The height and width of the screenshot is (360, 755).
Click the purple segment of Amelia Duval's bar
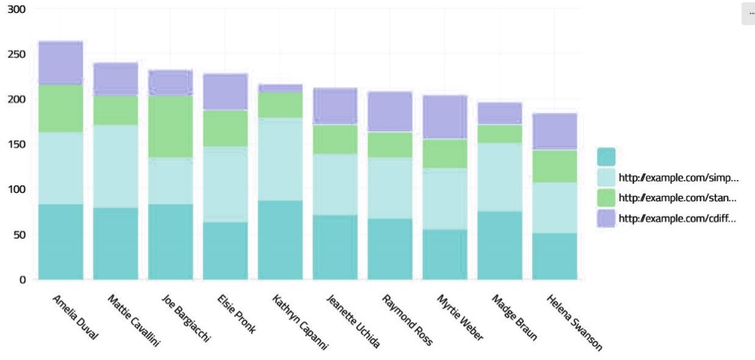pyautogui.click(x=60, y=63)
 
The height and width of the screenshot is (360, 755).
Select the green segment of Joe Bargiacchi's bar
pyautogui.click(x=170, y=127)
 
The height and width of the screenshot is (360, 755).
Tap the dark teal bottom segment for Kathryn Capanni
pyautogui.click(x=280, y=240)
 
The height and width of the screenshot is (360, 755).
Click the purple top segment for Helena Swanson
pyautogui.click(x=554, y=131)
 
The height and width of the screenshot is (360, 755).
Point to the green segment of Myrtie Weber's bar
pyautogui.click(x=445, y=153)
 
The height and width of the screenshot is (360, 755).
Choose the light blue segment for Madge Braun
pyautogui.click(x=500, y=177)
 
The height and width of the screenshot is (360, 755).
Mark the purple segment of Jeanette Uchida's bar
pyautogui.click(x=335, y=106)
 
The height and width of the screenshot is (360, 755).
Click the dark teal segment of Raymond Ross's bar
pyautogui.click(x=390, y=249)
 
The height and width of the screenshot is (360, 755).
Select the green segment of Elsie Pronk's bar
pyautogui.click(x=225, y=128)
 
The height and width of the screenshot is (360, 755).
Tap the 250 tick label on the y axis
pyautogui.click(x=16, y=54)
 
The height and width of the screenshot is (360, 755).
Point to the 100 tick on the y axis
pyautogui.click(x=16, y=189)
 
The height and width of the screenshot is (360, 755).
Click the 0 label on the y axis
pyautogui.click(x=22, y=279)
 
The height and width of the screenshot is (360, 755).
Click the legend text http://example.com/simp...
pyautogui.click(x=678, y=178)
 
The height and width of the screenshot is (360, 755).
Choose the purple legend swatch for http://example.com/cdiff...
pyautogui.click(x=606, y=218)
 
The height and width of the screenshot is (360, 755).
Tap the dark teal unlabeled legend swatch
pyautogui.click(x=606, y=156)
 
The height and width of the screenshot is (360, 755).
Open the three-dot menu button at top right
pyautogui.click(x=750, y=13)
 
